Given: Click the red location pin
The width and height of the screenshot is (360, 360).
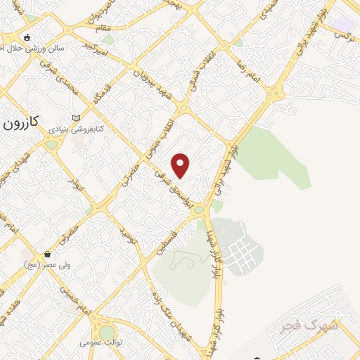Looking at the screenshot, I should (181, 166).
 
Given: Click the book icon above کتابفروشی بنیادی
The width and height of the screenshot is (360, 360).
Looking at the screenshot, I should (76, 118).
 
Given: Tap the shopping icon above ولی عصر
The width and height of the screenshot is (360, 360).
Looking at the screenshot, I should (47, 255).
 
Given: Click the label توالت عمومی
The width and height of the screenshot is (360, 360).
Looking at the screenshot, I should (101, 342).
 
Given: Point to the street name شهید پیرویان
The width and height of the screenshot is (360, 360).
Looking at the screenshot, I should (155, 82).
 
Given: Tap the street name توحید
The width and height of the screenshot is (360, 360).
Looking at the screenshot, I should (127, 233).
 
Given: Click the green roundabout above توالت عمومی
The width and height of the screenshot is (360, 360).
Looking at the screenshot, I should (106, 332).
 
